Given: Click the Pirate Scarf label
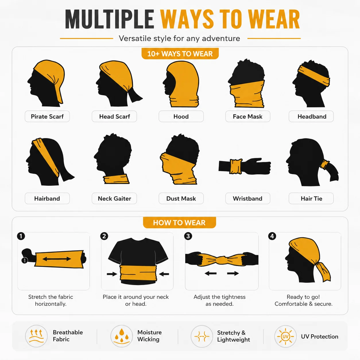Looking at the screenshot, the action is click(x=47, y=116).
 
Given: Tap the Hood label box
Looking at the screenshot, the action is click(x=181, y=116).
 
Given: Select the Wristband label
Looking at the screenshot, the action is click(x=247, y=198).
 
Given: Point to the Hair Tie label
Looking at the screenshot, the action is click(x=311, y=198).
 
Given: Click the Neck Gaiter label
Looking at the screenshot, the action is click(x=114, y=198).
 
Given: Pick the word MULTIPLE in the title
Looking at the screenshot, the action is click(x=109, y=19).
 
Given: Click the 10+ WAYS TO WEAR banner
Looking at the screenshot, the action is click(x=180, y=54).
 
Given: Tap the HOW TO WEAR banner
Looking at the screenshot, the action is click(x=179, y=222).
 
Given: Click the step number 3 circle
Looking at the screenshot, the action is click(x=188, y=236).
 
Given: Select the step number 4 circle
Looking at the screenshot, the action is click(x=272, y=236).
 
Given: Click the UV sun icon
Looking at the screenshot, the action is click(x=285, y=336).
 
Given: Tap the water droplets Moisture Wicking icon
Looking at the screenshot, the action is click(x=122, y=336).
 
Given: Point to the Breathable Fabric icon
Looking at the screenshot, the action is click(x=36, y=336).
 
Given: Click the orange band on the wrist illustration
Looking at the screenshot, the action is click(x=236, y=166).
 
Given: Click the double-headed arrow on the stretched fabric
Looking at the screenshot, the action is click(x=57, y=259).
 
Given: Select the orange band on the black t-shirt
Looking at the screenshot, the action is click(x=138, y=273).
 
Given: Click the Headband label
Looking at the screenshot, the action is click(x=311, y=116).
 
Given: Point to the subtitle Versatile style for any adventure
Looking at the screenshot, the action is click(x=179, y=38).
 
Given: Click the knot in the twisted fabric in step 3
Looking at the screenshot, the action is click(x=222, y=260).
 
